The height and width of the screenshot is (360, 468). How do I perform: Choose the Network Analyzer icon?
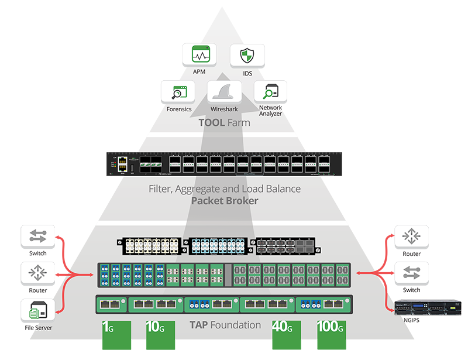[270, 91]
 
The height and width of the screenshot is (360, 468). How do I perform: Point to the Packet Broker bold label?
[225, 201]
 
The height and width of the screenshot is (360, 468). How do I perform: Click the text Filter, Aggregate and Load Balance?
[225, 189]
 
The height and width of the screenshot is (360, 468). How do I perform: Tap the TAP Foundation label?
[225, 325]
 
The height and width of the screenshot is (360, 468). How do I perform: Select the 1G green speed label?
[109, 327]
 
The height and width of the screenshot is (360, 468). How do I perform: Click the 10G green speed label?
[154, 327]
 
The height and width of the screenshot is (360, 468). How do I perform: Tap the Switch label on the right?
[412, 290]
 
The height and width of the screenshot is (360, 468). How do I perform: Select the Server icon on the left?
[38, 310]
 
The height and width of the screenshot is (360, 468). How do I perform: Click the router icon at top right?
[412, 236]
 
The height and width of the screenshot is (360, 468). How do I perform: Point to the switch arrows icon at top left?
[38, 236]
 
